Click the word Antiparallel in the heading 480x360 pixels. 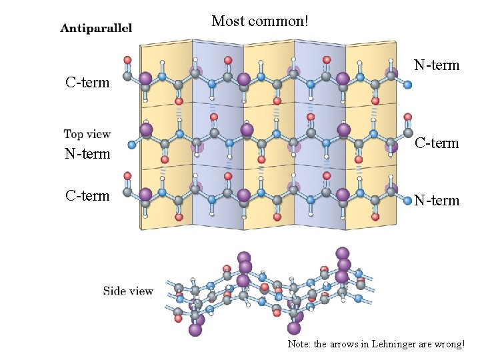(x=96, y=28)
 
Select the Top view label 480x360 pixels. (x=87, y=135)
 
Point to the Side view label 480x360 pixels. (x=128, y=291)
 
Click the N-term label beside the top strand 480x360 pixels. (x=437, y=65)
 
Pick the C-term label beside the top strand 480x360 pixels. (x=87, y=83)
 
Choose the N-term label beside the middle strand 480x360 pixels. (x=87, y=154)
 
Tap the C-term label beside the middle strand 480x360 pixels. (x=437, y=143)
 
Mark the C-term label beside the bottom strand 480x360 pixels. (x=87, y=196)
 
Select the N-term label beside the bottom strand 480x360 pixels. (x=437, y=200)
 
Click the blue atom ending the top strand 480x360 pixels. (x=407, y=85)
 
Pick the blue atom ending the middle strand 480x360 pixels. (x=132, y=144)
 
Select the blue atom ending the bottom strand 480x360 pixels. (x=407, y=200)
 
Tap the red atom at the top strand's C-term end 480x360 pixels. (x=127, y=60)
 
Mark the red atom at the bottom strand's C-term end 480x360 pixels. (x=127, y=177)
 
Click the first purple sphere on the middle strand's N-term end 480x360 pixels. (x=146, y=130)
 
